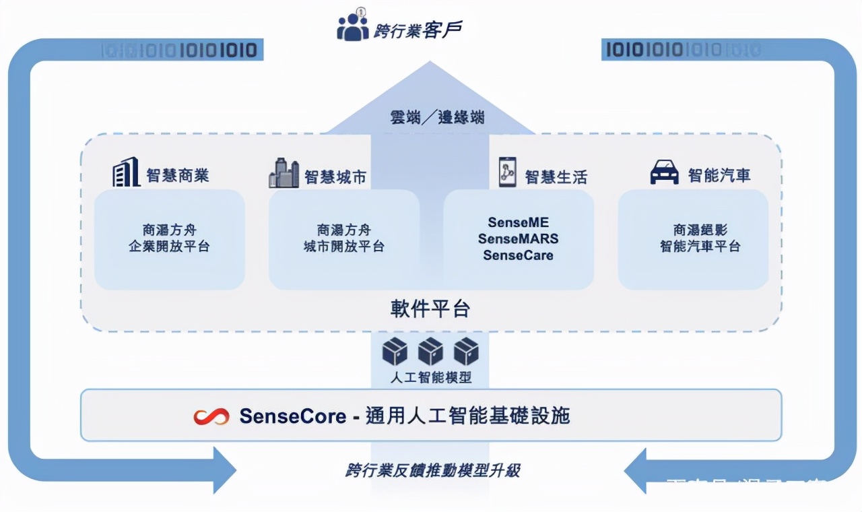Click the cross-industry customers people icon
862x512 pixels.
pos(353,26)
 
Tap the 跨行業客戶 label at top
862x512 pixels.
pos(418,29)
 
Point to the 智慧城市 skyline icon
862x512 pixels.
pos(284,174)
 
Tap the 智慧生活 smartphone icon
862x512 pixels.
pos(507,172)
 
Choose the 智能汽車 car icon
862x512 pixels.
pos(664,173)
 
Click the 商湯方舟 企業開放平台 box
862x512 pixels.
pos(169,238)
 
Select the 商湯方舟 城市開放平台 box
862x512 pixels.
pos(343,238)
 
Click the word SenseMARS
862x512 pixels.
pos(518,238)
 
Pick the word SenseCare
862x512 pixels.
pos(518,255)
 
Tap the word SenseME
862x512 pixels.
pos(518,222)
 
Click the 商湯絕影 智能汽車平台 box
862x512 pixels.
pos(693,238)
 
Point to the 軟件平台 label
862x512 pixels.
pos(430,309)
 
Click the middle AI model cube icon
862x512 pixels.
pos(430,352)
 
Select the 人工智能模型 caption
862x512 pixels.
pos(430,378)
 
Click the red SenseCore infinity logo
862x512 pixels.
pos(211,416)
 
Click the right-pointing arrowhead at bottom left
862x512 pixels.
pos(222,470)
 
